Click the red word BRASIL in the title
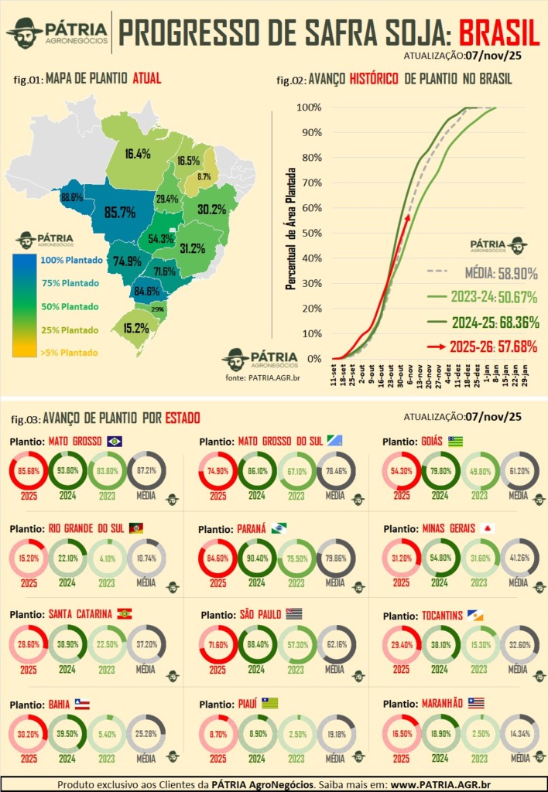498,32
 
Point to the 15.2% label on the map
135,328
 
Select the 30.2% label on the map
211,209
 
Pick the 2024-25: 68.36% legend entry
484,323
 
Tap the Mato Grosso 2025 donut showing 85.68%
29,469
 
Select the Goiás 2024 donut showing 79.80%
440,471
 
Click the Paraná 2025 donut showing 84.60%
217,558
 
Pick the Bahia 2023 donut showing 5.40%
107,733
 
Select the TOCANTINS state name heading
432,616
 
